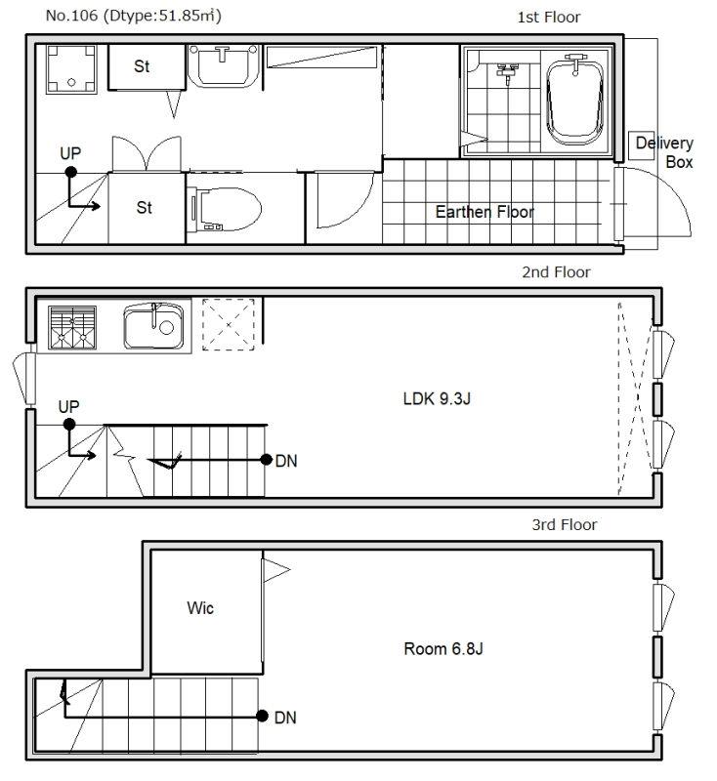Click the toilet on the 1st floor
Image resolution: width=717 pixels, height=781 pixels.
pyautogui.click(x=226, y=209)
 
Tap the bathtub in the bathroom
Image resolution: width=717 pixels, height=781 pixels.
pyautogui.click(x=575, y=100)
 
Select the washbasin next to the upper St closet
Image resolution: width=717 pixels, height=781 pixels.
pyautogui.click(x=223, y=66)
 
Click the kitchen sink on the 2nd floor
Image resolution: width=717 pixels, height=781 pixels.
pyautogui.click(x=153, y=326)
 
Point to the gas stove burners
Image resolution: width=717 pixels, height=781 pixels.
pyautogui.click(x=72, y=327)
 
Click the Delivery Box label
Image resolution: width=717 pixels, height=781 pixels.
pyautogui.click(x=664, y=152)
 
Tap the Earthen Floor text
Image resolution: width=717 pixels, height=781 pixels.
pyautogui.click(x=485, y=212)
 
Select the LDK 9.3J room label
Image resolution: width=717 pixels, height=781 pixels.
pyautogui.click(x=437, y=398)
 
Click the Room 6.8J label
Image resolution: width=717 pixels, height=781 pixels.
pyautogui.click(x=443, y=648)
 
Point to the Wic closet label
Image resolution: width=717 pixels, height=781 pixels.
pyautogui.click(x=200, y=607)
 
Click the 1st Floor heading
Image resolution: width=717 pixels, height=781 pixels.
pyautogui.click(x=549, y=18)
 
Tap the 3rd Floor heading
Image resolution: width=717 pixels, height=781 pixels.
pyautogui.click(x=565, y=524)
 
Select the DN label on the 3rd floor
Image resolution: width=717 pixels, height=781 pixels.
pyautogui.click(x=285, y=718)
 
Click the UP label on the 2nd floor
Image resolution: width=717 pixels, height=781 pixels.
pyautogui.click(x=68, y=406)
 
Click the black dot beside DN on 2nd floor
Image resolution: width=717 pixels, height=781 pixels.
pyautogui.click(x=266, y=459)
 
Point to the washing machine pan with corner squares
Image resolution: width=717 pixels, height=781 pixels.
pyautogui.click(x=71, y=69)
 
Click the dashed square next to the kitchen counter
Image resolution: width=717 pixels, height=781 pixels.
pyautogui.click(x=229, y=324)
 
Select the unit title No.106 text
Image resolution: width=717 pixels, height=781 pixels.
pyautogui.click(x=134, y=16)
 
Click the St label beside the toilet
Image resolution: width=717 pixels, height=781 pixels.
pyautogui.click(x=144, y=207)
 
